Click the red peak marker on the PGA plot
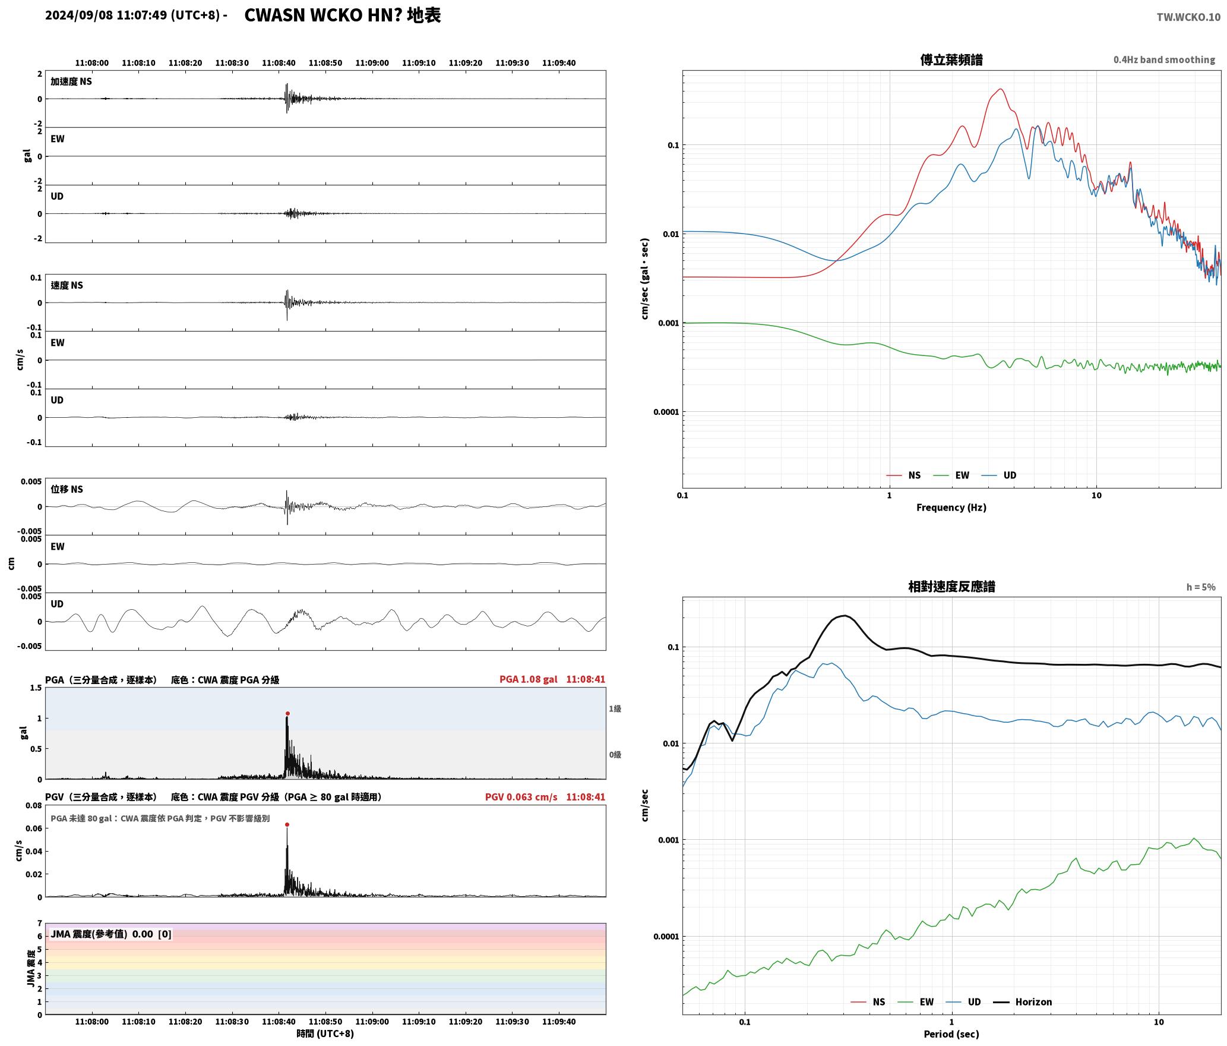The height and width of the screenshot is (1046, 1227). coord(287,713)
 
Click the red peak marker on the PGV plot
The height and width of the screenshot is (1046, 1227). coord(287,824)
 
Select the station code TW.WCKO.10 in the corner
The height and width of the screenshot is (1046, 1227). coord(1188,17)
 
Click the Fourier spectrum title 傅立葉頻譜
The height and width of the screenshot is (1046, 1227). coord(951,59)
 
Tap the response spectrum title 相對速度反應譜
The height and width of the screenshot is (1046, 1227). coord(951,586)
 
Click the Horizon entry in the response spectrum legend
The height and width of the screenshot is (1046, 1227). coord(1033,1001)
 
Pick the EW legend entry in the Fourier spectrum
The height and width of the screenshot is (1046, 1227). coord(962,475)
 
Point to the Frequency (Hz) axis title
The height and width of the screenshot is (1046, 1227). coord(951,507)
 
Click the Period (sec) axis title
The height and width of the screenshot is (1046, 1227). coord(951,1034)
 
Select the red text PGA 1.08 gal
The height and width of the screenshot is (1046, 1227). coord(528,679)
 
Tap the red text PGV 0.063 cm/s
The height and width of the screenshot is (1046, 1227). coord(521,796)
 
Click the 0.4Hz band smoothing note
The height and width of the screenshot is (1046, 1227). coord(1164,59)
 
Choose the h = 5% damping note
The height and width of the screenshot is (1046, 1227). coord(1201,587)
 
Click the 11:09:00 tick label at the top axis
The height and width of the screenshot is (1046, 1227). coord(372,62)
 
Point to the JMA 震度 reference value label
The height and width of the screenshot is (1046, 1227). coord(111,934)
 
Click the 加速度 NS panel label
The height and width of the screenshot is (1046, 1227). coord(71,81)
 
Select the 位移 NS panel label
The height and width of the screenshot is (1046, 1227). coord(67,489)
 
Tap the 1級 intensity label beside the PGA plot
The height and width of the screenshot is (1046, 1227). coord(615,708)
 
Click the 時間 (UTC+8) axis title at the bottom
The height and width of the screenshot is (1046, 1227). coord(325,1034)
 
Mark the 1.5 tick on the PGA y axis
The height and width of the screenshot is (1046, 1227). coord(36,688)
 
